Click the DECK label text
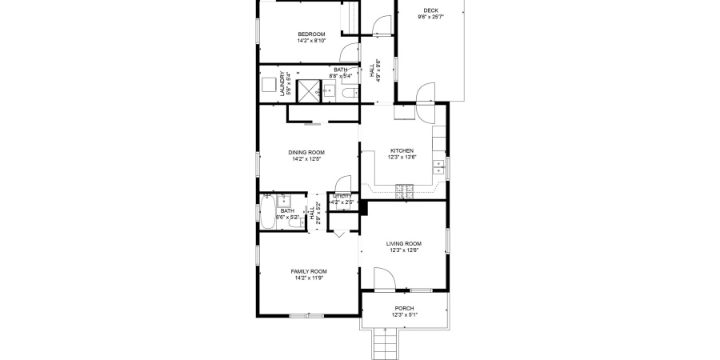click(x=430, y=10)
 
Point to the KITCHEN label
click(x=402, y=150)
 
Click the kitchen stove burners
click(x=404, y=190)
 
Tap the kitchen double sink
click(x=438, y=167)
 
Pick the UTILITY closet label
click(x=342, y=196)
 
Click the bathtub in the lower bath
click(x=266, y=213)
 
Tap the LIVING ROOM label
click(x=404, y=244)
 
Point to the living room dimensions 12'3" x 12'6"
click(x=404, y=250)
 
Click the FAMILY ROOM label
click(x=308, y=271)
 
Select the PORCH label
click(x=404, y=308)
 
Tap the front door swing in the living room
click(x=382, y=278)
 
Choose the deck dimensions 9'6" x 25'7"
click(x=430, y=16)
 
